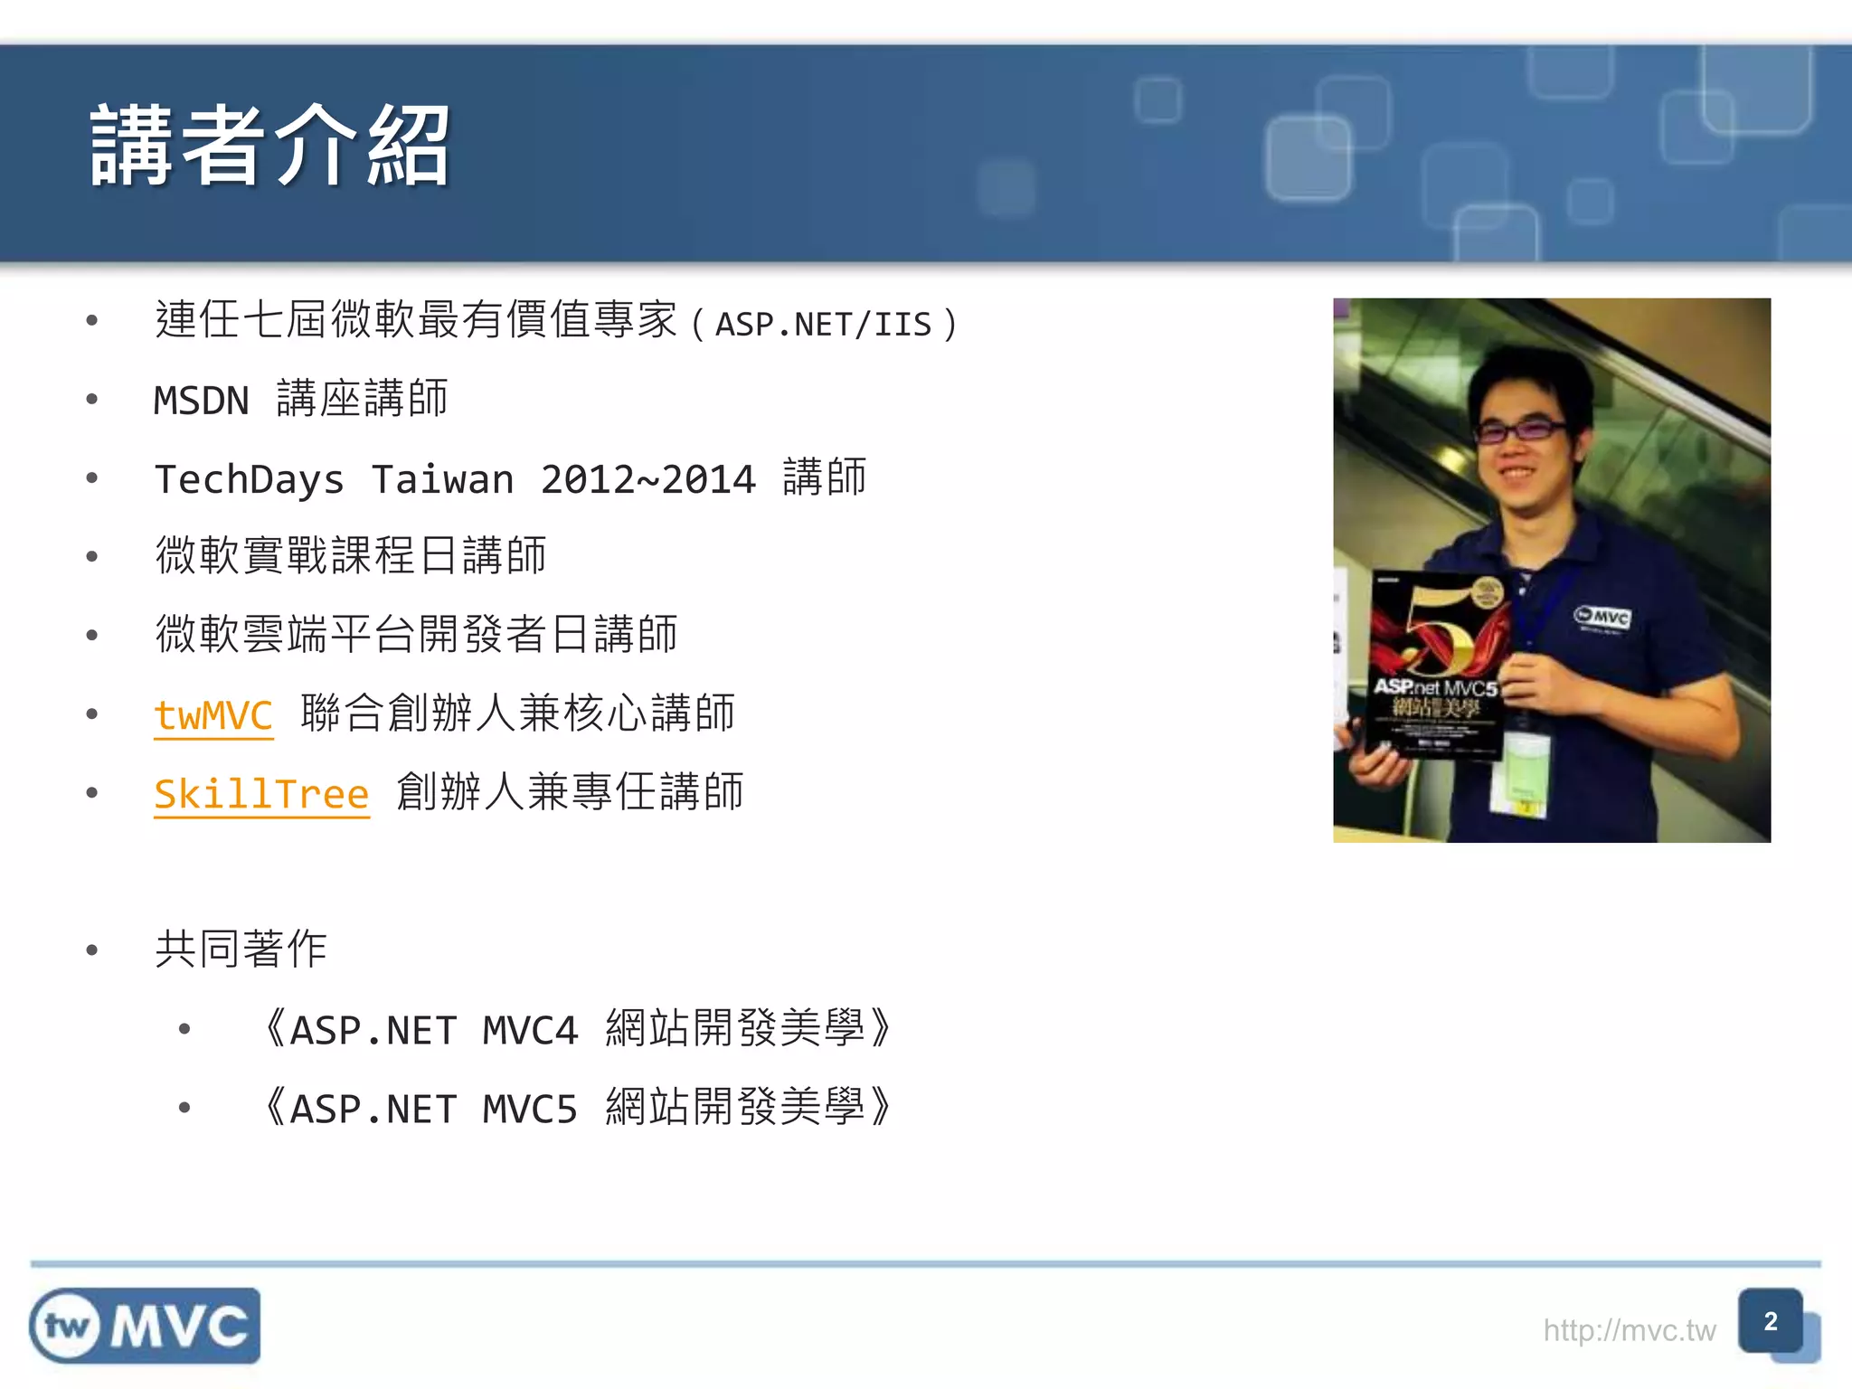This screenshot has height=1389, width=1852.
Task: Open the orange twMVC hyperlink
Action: coord(213,715)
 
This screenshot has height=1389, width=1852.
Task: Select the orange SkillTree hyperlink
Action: coord(261,794)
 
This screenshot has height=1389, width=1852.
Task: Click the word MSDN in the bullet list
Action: coord(201,401)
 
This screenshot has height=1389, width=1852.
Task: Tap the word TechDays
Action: coord(250,479)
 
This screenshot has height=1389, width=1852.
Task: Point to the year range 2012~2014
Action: coord(647,479)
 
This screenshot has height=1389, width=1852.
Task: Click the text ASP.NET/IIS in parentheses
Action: coord(823,324)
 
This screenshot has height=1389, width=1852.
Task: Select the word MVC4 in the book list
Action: coord(530,1031)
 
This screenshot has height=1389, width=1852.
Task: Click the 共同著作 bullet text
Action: coord(241,950)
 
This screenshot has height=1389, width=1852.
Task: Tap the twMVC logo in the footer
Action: coord(145,1326)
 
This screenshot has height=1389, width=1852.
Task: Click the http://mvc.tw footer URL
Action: coord(1629,1330)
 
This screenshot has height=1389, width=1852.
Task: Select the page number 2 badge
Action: coord(1771,1321)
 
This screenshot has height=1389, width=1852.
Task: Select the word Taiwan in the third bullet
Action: coord(442,479)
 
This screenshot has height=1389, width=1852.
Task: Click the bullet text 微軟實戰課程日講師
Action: coord(351,555)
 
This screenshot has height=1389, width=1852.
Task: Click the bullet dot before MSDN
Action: coord(91,399)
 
